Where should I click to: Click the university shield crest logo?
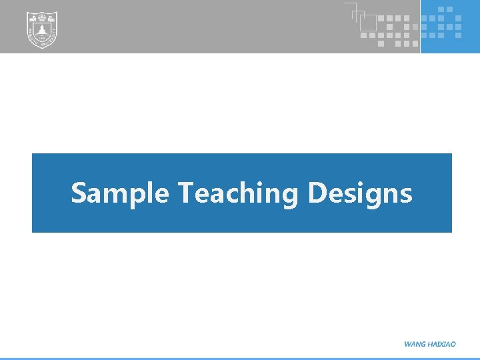coord(41,30)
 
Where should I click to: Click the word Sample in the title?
coord(120,193)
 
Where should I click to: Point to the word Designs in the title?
coord(361,193)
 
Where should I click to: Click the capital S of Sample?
coord(79,193)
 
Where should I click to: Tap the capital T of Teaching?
coord(186,193)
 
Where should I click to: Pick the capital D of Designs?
coord(317,193)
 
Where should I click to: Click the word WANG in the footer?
coord(415,344)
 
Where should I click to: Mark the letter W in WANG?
coord(408,344)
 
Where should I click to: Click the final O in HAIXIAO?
coord(453,344)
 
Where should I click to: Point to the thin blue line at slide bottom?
coord(240,358)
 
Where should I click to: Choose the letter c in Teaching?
coord(237,195)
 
